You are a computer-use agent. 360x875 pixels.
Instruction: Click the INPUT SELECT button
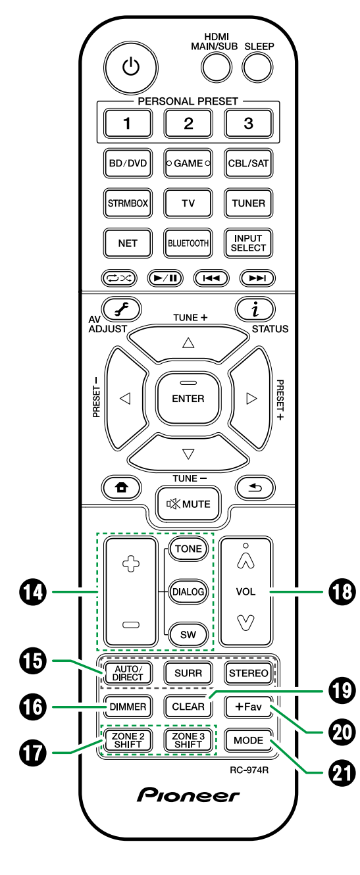[x=248, y=243]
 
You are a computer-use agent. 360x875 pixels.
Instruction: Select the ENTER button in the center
[x=188, y=398]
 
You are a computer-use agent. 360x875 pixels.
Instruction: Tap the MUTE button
[x=188, y=504]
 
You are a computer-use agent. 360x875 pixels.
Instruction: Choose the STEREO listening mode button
[x=248, y=672]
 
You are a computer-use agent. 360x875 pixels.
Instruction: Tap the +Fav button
[x=248, y=706]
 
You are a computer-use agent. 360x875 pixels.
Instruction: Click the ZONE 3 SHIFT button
[x=189, y=740]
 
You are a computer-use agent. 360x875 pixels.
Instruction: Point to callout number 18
[x=341, y=592]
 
